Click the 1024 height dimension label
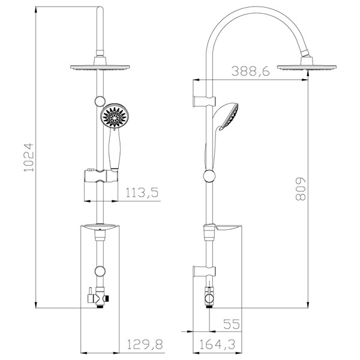pyautogui.click(x=29, y=157)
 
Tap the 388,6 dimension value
pyautogui.click(x=250, y=71)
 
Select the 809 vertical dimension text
pyautogui.click(x=301, y=189)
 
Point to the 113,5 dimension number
pyautogui.click(x=142, y=193)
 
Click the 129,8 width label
pyautogui.click(x=145, y=344)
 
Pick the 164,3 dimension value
pyautogui.click(x=217, y=344)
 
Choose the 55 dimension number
pyautogui.click(x=232, y=324)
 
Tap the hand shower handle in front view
pyautogui.click(x=114, y=149)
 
